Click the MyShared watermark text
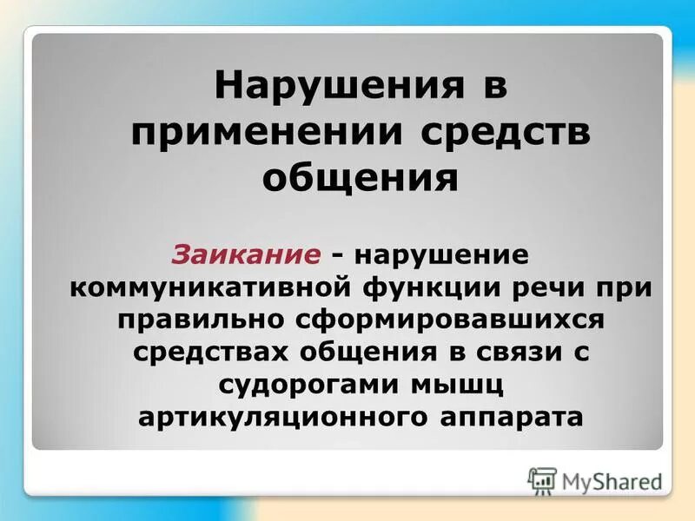(x=612, y=480)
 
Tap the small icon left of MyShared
(x=542, y=480)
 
